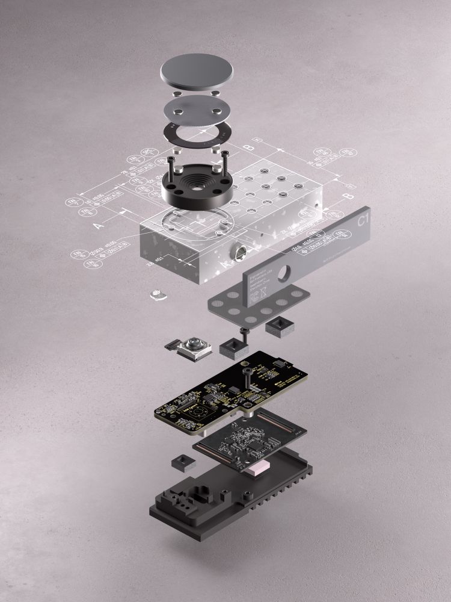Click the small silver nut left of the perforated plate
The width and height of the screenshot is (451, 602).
pyautogui.click(x=158, y=294)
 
